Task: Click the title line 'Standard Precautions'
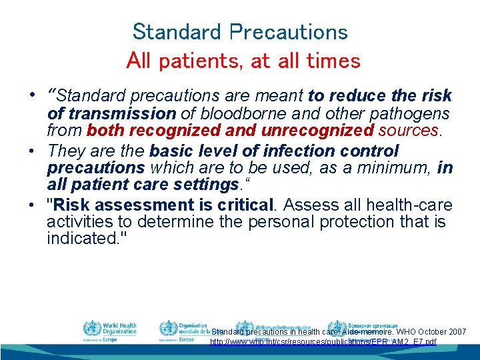[x=240, y=31]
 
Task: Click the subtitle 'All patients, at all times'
[x=243, y=61]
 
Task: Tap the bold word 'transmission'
[x=121, y=114]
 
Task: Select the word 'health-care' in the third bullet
[x=411, y=205]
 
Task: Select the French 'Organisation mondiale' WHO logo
[x=168, y=329]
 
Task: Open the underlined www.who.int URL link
[x=323, y=342]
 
